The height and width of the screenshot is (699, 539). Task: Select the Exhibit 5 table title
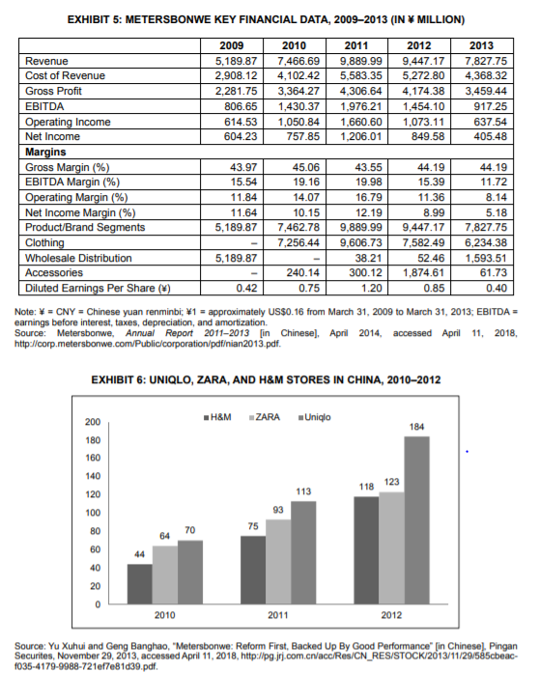pyautogui.click(x=269, y=18)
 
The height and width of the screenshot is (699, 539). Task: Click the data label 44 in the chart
pyautogui.click(x=140, y=553)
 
